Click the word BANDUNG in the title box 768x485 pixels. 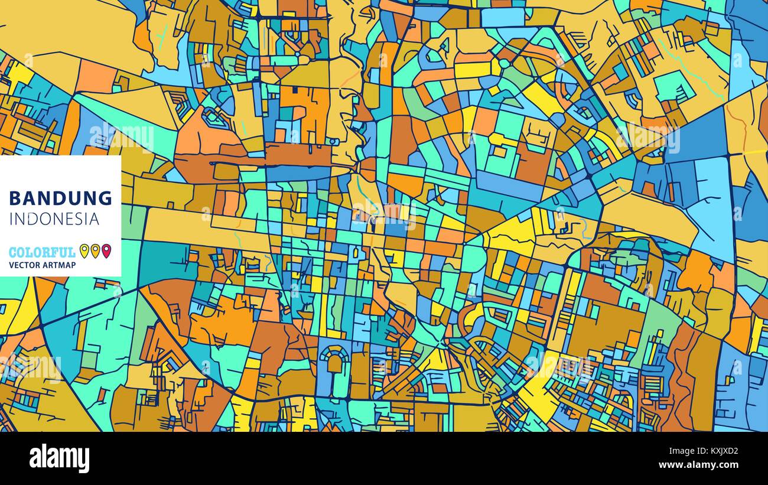60,198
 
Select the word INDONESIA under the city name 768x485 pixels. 54,219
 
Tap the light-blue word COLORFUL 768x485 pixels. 42,252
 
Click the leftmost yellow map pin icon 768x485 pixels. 84,251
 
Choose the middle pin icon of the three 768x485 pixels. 95,251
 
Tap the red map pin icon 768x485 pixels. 106,251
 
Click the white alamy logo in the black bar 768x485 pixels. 59,458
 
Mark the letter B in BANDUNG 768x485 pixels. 15,198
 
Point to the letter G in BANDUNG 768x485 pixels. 105,198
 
